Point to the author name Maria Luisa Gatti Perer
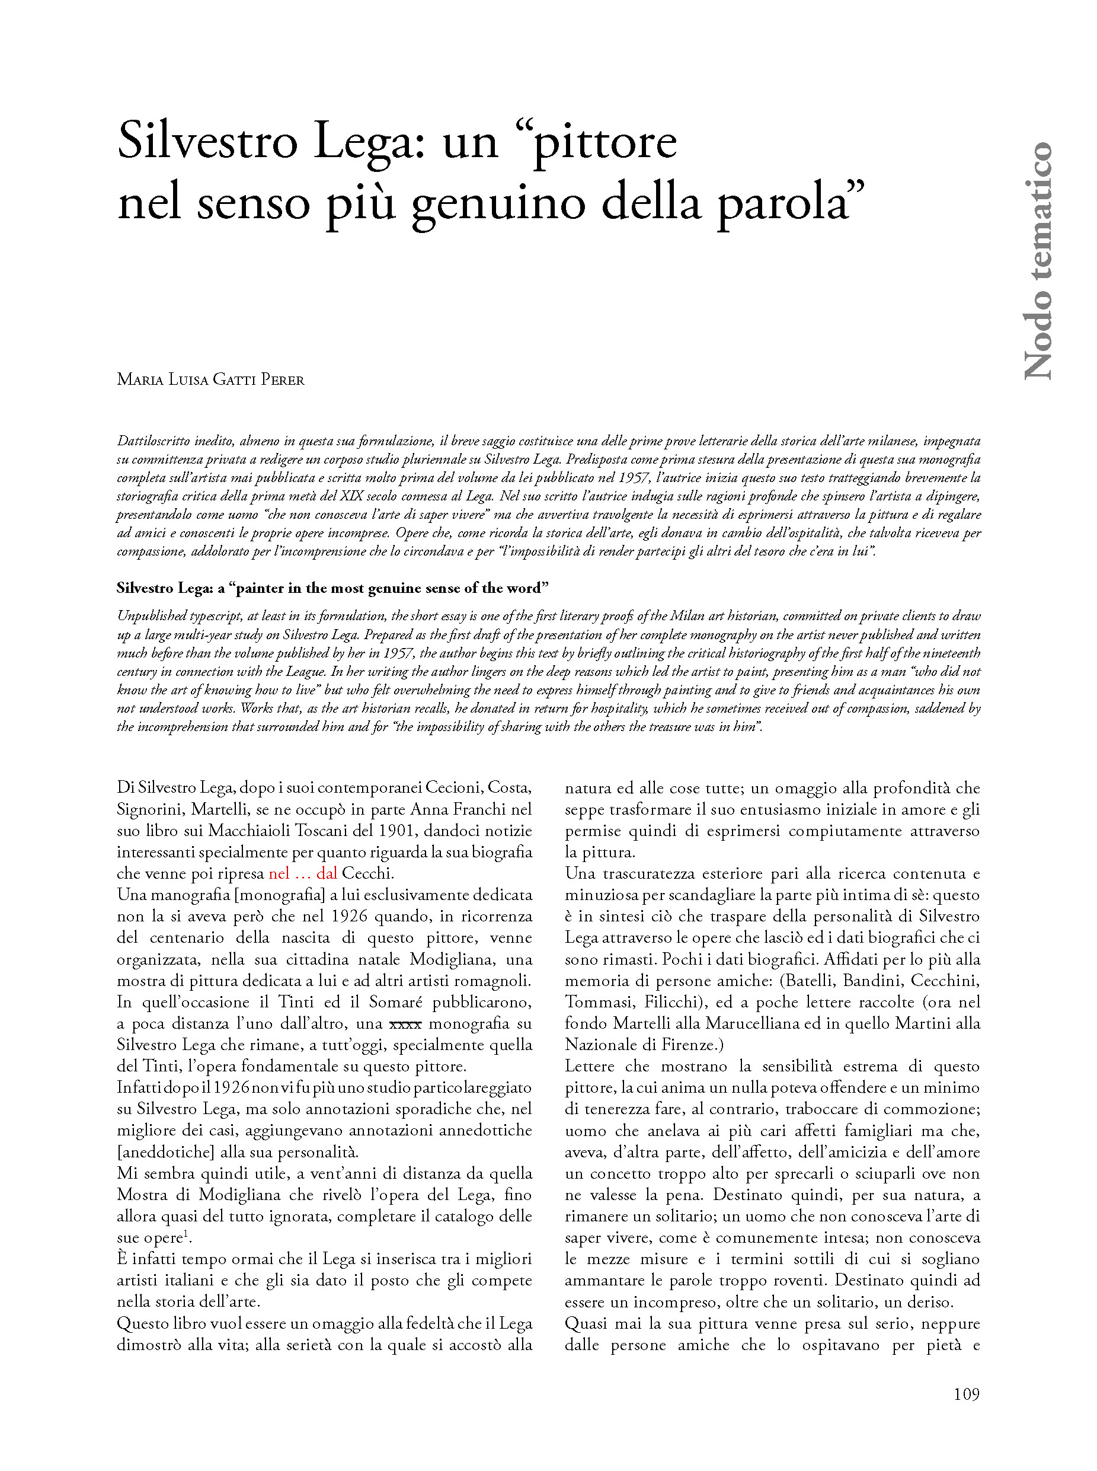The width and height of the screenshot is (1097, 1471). [x=210, y=380]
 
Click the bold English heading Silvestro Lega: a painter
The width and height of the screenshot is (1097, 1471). [x=332, y=588]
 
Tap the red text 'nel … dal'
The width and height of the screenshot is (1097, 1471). [x=303, y=873]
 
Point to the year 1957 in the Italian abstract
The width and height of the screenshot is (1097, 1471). [x=634, y=477]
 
